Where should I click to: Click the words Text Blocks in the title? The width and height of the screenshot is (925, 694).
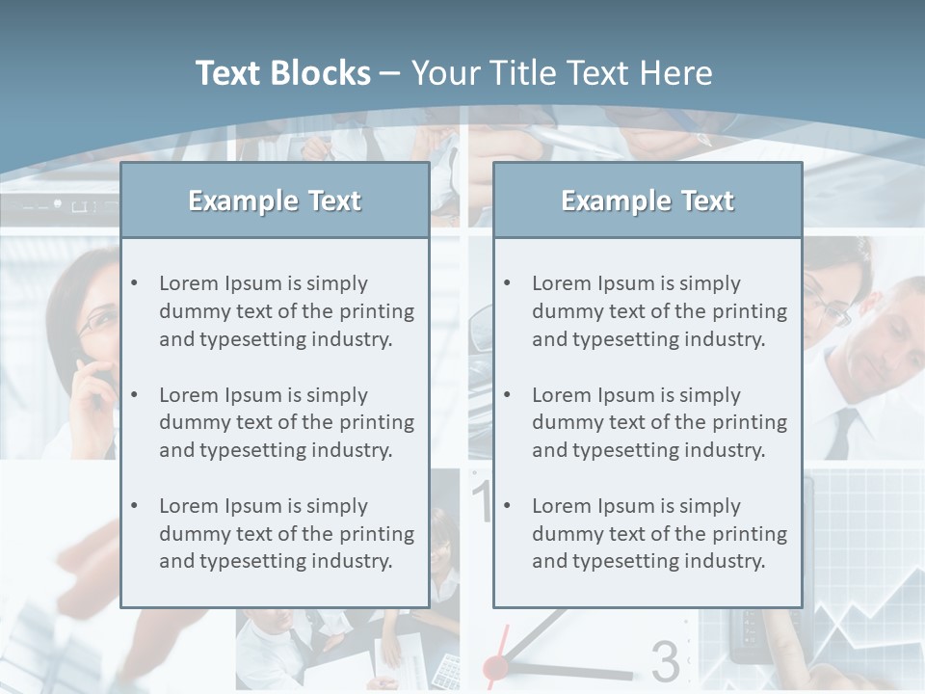282,73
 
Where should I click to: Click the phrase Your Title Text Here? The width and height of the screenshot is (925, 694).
562,73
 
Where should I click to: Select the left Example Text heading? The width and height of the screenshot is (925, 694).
275,200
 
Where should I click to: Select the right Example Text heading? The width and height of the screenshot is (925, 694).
647,200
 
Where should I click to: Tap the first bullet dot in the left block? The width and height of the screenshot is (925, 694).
134,283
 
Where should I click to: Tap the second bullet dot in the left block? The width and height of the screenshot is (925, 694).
134,395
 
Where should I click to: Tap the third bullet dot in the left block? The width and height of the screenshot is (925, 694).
134,506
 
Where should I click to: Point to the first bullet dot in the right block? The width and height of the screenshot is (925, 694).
507,283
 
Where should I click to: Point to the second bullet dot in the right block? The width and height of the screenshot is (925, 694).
507,395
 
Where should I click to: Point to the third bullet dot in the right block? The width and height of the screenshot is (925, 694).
507,506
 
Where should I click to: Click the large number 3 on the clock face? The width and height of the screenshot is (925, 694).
665,661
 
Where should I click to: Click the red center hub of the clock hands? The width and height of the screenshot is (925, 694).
495,665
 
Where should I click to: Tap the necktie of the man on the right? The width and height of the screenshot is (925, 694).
843,432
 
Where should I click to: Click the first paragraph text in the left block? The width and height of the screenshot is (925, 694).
286,311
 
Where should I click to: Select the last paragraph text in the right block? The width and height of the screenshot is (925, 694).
659,534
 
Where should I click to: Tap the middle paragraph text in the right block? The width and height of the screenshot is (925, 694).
659,422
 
